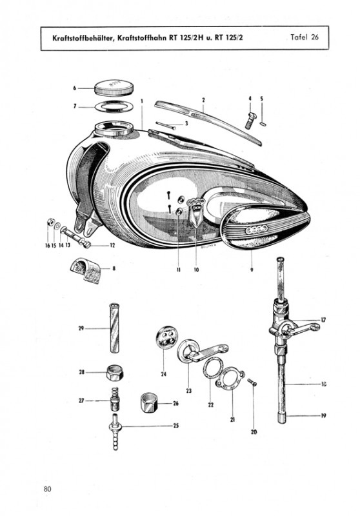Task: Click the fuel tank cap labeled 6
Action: (114, 88)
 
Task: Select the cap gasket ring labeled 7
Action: (114, 106)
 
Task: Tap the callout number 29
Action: (81, 328)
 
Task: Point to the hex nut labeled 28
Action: (112, 373)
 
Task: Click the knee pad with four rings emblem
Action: (266, 230)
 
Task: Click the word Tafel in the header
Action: (299, 37)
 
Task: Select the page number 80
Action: (47, 490)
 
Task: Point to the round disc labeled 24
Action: (166, 337)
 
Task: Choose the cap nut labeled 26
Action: (149, 402)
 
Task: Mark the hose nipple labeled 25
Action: (115, 432)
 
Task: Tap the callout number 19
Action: (323, 415)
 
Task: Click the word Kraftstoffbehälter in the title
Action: (84, 38)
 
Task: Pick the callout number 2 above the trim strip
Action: (203, 100)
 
